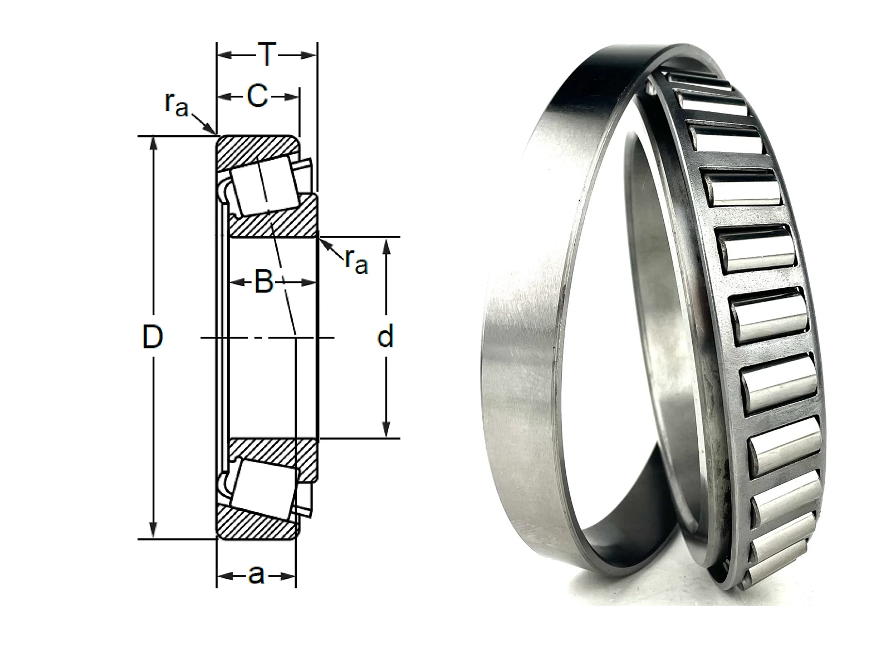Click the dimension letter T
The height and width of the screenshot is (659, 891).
267,54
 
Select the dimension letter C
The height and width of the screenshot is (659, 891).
257,96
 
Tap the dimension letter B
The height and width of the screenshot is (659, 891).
264,282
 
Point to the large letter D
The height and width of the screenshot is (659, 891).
153,337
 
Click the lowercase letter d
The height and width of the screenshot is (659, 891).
385,337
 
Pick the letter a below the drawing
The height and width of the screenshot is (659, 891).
256,575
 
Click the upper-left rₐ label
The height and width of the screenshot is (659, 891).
177,104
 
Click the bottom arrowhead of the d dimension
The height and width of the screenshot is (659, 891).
386,429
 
